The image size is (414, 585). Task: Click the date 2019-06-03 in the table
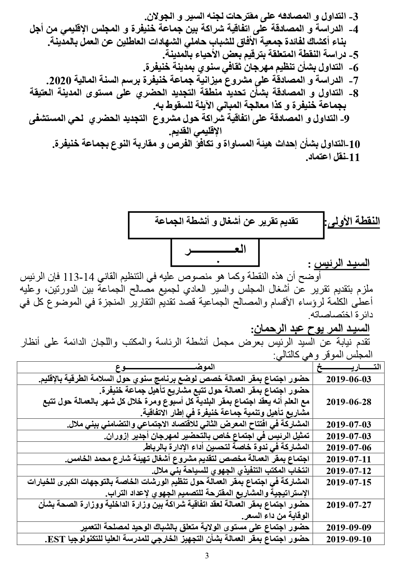tap(349, 379)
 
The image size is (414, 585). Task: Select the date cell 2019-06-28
tap(349, 402)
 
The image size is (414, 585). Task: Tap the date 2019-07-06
tap(349, 447)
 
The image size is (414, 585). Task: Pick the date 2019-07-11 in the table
tap(349, 459)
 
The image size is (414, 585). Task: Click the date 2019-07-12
tap(349, 471)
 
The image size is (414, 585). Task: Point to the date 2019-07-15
tap(349, 482)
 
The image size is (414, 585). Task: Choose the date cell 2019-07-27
tap(349, 505)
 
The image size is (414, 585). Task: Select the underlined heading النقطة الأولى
tap(355, 221)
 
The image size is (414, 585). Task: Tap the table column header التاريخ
tap(349, 368)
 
